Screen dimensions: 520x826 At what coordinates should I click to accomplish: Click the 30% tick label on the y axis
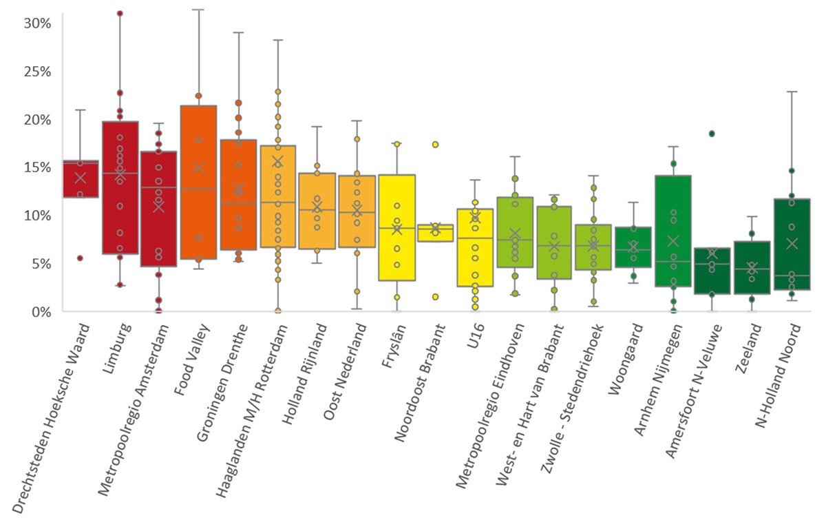[37, 23]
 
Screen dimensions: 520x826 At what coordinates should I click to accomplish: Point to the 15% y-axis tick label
[37, 167]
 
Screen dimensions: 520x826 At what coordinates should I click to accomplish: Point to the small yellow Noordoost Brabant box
[435, 233]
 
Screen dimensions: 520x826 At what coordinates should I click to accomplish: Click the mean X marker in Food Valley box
[198, 167]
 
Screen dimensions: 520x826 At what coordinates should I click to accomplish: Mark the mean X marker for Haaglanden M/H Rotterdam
[277, 162]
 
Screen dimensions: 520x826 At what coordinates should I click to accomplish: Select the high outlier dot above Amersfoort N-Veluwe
[712, 134]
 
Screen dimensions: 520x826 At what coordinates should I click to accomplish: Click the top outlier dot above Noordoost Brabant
[435, 145]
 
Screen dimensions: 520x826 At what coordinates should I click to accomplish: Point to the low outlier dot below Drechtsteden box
[80, 258]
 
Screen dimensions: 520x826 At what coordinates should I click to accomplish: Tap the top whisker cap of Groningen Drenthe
[237, 32]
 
